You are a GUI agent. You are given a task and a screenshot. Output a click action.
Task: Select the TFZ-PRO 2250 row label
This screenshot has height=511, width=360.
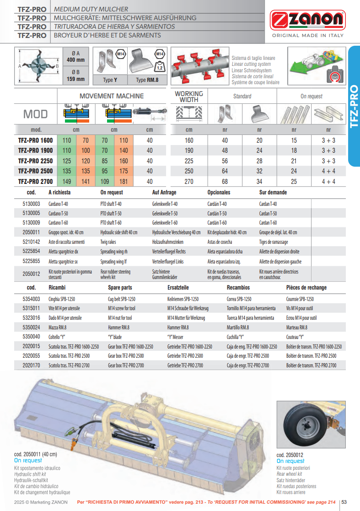[x=35, y=161]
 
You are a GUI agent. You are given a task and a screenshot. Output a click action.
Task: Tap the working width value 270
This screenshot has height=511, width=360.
[x=189, y=182]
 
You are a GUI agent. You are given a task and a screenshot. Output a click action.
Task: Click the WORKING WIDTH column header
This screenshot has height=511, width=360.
[x=189, y=96]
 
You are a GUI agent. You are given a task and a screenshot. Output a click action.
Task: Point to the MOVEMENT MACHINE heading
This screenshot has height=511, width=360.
[x=112, y=96]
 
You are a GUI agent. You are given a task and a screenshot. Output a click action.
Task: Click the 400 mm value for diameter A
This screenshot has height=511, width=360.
[x=75, y=60]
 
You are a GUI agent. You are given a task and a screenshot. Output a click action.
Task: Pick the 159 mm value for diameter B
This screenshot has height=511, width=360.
[x=75, y=79]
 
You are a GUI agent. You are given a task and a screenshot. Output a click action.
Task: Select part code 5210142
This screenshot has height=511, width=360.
[x=31, y=242]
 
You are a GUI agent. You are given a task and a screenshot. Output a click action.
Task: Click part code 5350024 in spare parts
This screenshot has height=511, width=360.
[x=31, y=328]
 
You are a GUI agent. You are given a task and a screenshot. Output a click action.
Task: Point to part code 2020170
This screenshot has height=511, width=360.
[x=31, y=366]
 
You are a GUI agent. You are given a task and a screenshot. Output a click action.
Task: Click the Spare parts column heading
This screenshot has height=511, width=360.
[x=120, y=288]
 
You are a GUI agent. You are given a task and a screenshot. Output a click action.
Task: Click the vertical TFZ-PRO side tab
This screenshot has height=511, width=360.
[x=354, y=107]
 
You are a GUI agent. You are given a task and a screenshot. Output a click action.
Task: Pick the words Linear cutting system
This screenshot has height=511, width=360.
[x=251, y=65]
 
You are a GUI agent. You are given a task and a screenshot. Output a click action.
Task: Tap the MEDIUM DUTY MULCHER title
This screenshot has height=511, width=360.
[x=91, y=9]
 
